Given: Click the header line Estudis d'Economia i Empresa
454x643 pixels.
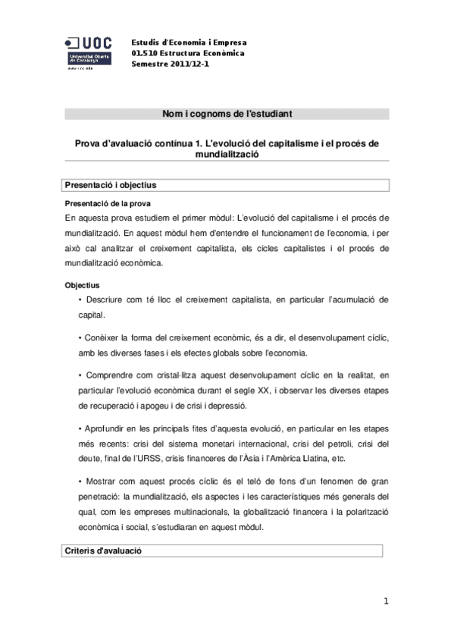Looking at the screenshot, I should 189,42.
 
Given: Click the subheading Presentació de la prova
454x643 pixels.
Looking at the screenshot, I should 108,202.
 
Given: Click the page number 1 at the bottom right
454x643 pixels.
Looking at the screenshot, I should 386,601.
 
